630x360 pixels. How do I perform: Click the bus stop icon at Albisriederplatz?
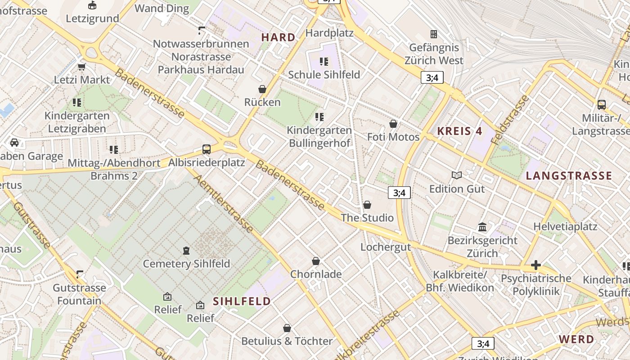point(207,149)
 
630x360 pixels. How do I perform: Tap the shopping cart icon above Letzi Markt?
point(81,67)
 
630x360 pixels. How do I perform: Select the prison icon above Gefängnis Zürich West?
point(434,34)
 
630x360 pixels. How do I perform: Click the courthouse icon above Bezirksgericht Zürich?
point(482,227)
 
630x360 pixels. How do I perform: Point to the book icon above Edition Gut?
point(457,175)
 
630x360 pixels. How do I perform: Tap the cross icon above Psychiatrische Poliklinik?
point(535,265)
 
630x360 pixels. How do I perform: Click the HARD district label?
point(278,37)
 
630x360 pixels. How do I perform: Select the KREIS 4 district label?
point(460,131)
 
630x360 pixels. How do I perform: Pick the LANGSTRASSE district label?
point(569,175)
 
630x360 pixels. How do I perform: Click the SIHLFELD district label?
point(242,301)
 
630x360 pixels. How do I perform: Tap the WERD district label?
point(576,339)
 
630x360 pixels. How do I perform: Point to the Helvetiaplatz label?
point(565,226)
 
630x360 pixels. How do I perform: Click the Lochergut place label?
point(386,247)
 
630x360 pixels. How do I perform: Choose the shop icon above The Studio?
point(367,205)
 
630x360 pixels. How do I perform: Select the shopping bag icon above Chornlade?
point(316,261)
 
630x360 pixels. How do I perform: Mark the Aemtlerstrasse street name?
point(224,203)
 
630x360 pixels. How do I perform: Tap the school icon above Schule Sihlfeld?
point(324,61)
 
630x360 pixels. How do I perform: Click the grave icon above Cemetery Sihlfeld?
point(186,250)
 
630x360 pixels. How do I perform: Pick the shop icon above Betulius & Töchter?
point(287,328)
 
